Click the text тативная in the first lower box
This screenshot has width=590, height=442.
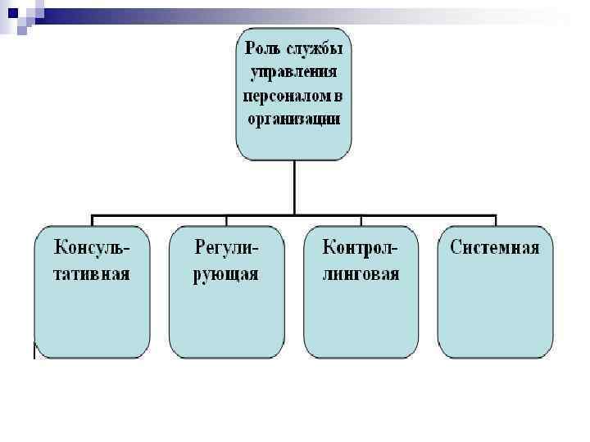[92, 273]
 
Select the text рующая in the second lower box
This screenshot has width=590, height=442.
[226, 273]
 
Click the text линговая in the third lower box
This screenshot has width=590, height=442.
[361, 273]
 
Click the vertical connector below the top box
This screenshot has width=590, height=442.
[293, 188]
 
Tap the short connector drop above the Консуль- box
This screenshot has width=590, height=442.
[92, 221]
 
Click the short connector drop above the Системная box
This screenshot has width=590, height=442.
[495, 221]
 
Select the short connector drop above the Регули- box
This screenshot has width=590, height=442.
[226, 221]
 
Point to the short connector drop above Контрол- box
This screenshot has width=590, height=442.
[361, 221]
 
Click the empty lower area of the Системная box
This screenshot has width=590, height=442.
[495, 319]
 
